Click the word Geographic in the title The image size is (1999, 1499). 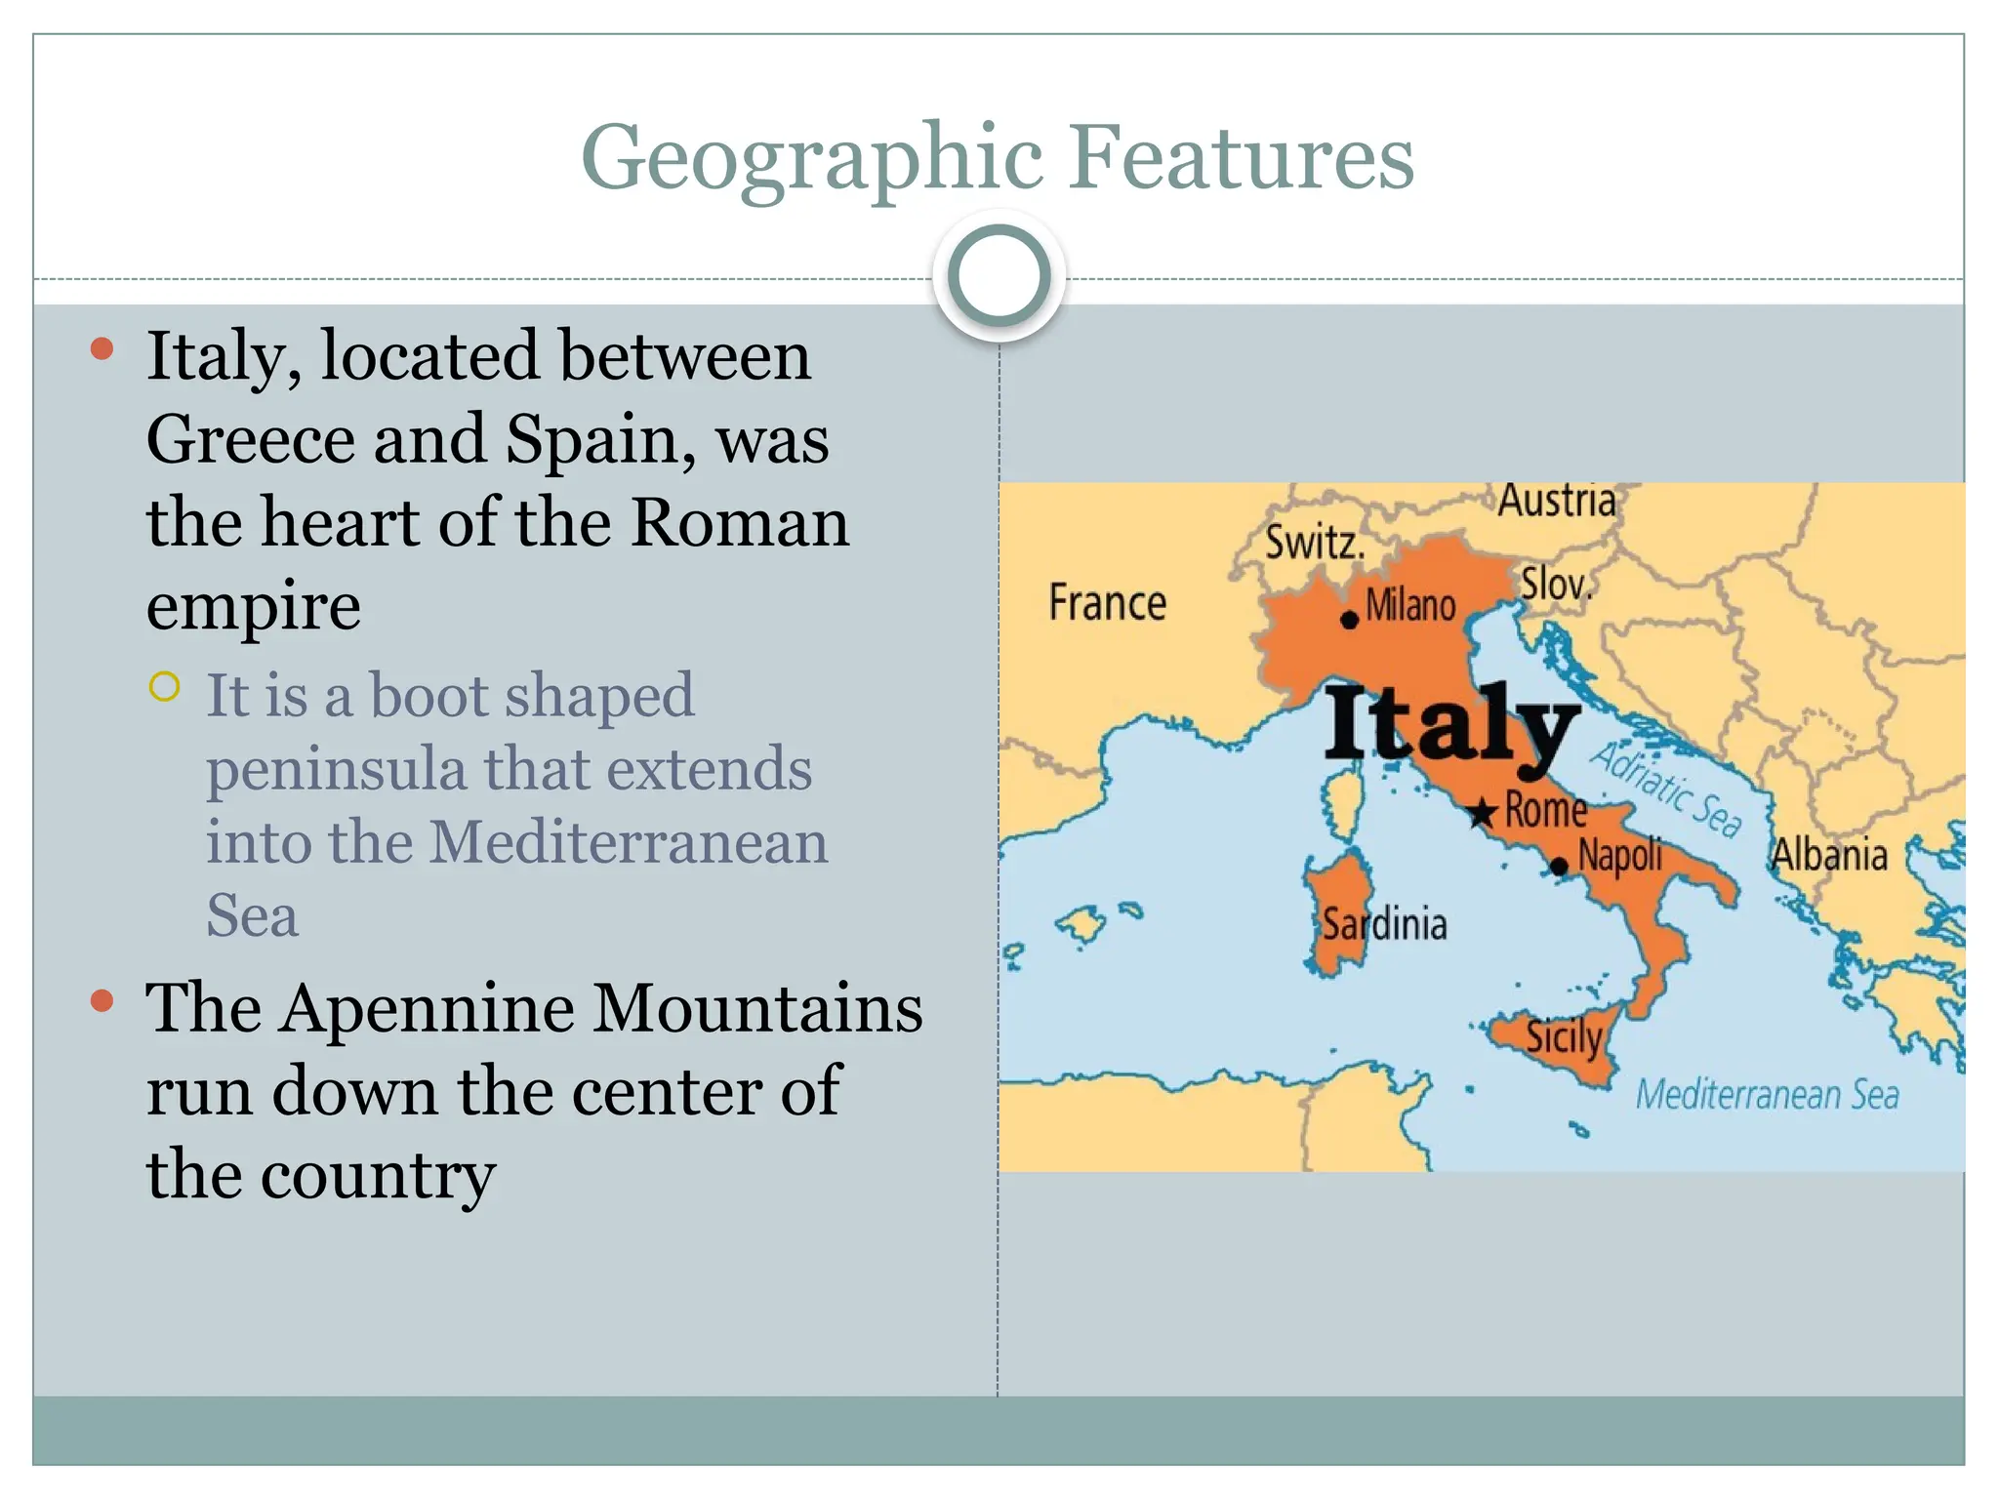tap(812, 158)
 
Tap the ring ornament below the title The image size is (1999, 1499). tap(999, 276)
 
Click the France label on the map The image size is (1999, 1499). tap(1107, 602)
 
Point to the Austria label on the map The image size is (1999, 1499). tap(1557, 501)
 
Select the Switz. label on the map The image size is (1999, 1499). tap(1315, 543)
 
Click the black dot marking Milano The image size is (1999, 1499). tap(1350, 620)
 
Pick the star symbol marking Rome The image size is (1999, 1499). tap(1483, 812)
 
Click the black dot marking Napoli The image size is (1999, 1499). tap(1559, 866)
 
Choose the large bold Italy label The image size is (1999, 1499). tap(1451, 724)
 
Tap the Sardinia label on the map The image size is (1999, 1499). tap(1384, 923)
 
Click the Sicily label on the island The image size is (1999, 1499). tap(1564, 1036)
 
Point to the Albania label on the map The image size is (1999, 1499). tap(1829, 855)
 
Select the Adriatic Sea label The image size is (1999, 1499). tap(1667, 789)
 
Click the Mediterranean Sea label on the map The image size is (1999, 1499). tap(1767, 1095)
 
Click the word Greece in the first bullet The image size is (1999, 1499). tap(249, 440)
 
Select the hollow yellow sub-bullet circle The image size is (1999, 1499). tap(165, 687)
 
